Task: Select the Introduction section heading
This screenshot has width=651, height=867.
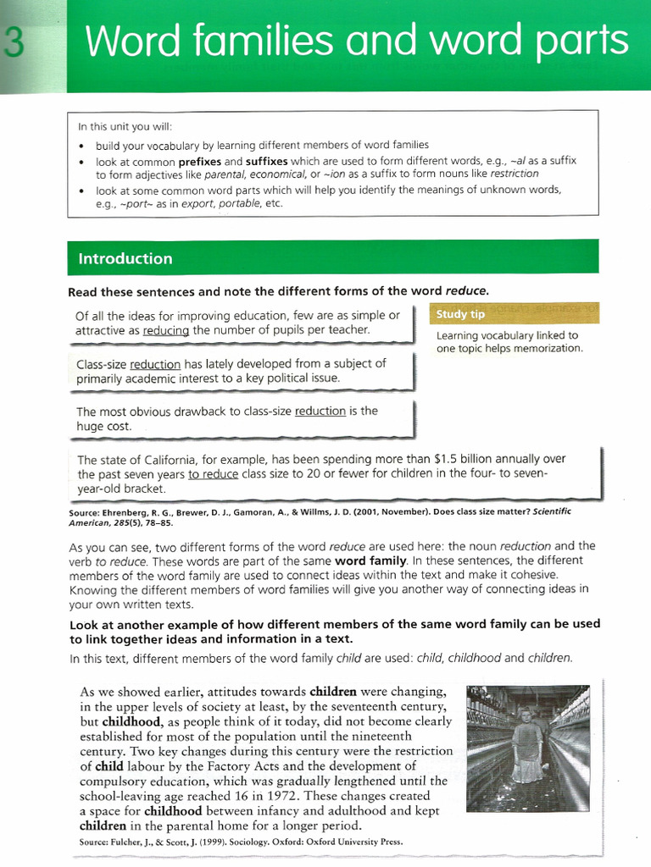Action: pos(125,258)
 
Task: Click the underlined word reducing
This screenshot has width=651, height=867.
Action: pos(166,330)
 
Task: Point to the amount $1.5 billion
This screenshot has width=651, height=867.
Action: pos(463,459)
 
